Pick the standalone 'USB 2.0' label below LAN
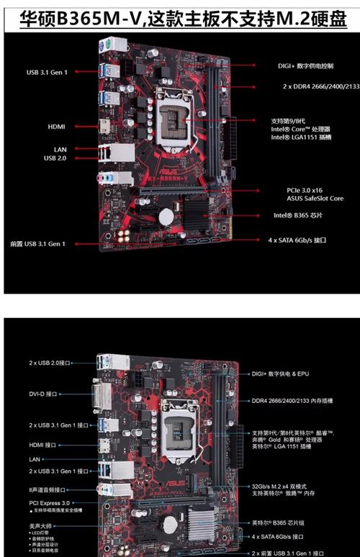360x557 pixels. coord(55,158)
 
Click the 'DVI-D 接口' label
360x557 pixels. coord(42,394)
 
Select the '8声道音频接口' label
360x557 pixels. coord(48,490)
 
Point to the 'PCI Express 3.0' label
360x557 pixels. coord(50,503)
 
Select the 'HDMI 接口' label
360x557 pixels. coord(42,445)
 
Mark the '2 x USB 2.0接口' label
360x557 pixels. coord(50,363)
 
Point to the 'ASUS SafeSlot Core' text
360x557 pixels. coord(315,198)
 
